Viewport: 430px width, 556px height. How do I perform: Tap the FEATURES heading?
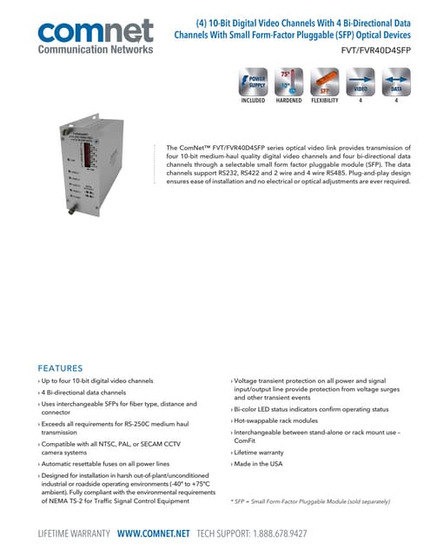pyautogui.click(x=60, y=367)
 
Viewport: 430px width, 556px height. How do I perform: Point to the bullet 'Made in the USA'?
pyautogui.click(x=257, y=465)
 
